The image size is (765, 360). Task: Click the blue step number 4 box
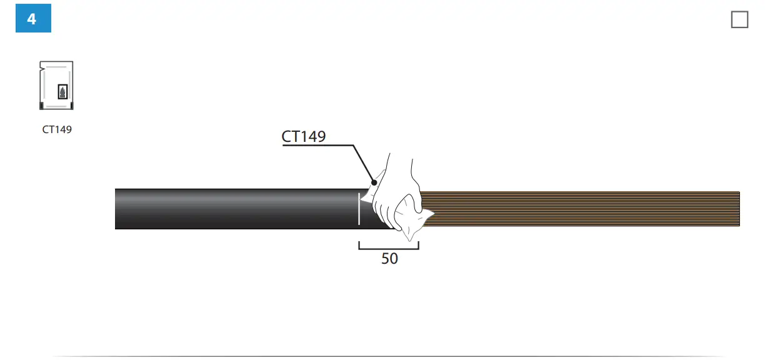tap(34, 18)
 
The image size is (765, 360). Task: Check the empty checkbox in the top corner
tap(739, 19)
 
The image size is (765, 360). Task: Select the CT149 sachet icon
tap(56, 86)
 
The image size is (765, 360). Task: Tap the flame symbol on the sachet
tap(62, 92)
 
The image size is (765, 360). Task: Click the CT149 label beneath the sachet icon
tap(57, 129)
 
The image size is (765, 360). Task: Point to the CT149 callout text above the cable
tap(304, 137)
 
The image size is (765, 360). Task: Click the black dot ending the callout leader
tap(374, 182)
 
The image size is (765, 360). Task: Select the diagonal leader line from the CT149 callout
tap(363, 164)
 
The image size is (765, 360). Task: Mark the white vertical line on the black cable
tap(359, 209)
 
